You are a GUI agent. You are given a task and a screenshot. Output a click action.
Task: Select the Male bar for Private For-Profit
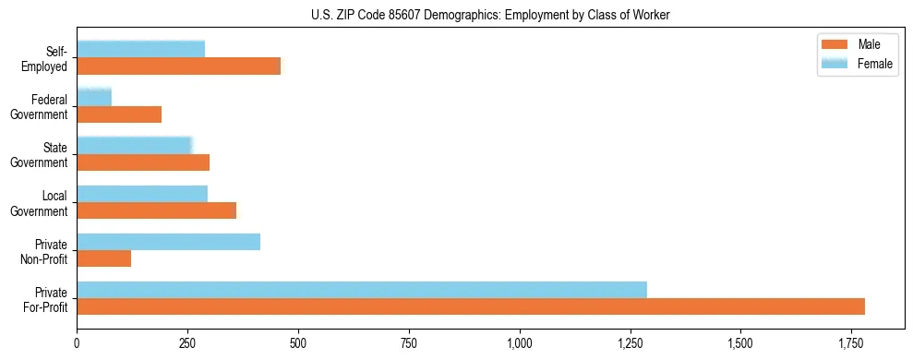click(x=471, y=306)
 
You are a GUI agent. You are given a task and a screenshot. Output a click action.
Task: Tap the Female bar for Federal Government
click(x=94, y=97)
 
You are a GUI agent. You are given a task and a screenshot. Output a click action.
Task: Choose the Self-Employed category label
click(x=49, y=58)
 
